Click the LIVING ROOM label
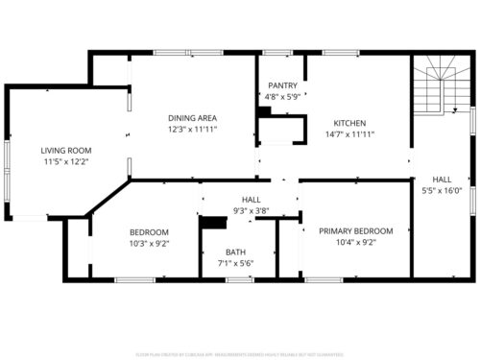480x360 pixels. (65, 151)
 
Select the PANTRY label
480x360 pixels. (282, 85)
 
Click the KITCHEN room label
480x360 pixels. (348, 123)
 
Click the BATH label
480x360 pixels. (236, 252)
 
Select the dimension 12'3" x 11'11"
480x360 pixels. (192, 129)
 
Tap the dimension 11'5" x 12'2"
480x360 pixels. (65, 162)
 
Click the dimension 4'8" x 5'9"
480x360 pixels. (282, 97)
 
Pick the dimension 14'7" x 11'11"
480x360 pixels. (348, 134)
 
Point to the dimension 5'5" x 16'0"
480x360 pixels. (442, 190)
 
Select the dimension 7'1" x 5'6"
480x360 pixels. (236, 264)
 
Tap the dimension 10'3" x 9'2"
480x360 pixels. (149, 244)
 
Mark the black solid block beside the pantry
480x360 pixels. (264, 111)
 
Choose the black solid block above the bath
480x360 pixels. (210, 224)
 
